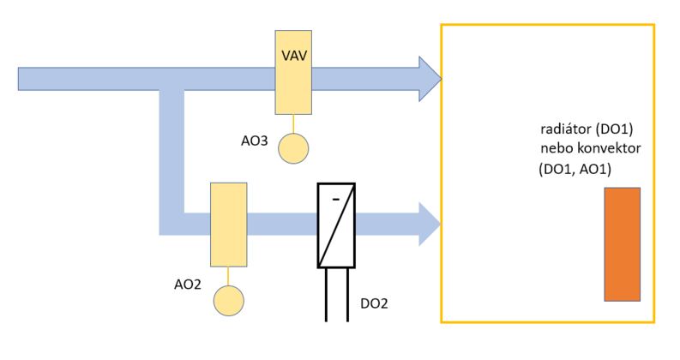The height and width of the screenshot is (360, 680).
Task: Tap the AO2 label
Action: tap(187, 282)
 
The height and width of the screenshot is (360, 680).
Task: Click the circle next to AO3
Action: tap(294, 147)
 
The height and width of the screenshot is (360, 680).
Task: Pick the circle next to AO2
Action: tap(228, 300)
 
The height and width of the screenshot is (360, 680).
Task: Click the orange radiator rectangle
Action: tap(622, 244)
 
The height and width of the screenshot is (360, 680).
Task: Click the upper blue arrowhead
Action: tap(429, 79)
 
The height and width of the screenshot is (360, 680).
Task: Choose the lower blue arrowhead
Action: tap(429, 225)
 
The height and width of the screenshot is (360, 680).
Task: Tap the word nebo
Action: tap(555, 150)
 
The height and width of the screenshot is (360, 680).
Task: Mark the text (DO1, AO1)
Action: tap(575, 169)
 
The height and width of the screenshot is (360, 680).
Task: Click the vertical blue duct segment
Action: tap(172, 154)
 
